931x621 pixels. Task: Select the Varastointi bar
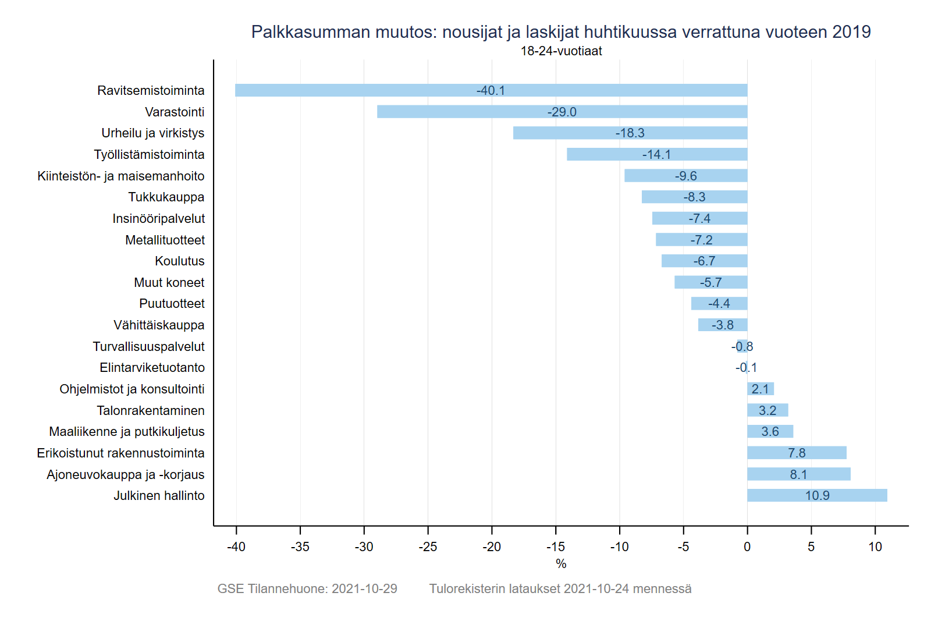pos(465,112)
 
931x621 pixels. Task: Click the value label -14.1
pos(656,155)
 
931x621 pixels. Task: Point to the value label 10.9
pos(817,496)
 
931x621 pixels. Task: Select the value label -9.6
pos(685,176)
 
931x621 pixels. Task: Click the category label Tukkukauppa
pos(166,197)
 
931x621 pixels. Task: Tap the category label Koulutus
pos(179,261)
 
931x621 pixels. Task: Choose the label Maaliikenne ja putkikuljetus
pos(127,432)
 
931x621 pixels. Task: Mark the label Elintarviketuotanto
pos(152,368)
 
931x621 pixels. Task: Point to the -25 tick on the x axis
pos(428,547)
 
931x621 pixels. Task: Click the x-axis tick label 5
pos(811,547)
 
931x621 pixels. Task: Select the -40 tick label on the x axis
pos(236,547)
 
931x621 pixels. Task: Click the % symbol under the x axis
pos(561,564)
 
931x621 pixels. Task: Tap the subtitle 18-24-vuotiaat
pos(561,51)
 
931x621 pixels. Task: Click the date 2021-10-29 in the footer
pos(364,589)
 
